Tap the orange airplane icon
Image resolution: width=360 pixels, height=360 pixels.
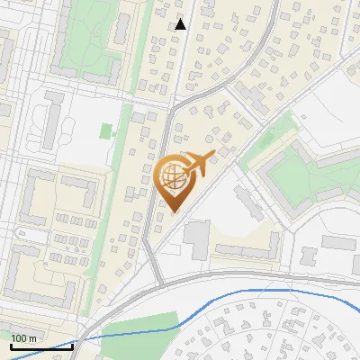(x=198, y=163)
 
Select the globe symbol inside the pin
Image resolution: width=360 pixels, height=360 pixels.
(x=172, y=176)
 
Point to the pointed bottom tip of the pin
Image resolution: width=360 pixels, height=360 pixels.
(x=173, y=211)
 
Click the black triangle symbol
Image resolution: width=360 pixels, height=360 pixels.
(x=181, y=24)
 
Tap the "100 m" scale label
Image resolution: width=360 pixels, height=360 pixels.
(x=23, y=338)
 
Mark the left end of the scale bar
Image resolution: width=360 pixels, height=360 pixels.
(x=10, y=345)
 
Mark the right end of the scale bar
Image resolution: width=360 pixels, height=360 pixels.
(x=72, y=345)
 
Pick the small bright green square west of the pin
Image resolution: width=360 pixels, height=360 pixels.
(x=107, y=131)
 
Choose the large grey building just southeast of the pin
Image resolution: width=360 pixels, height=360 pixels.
(x=196, y=237)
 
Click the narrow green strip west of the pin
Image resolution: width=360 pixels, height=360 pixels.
(x=126, y=135)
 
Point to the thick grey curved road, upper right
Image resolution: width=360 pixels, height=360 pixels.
(x=269, y=45)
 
